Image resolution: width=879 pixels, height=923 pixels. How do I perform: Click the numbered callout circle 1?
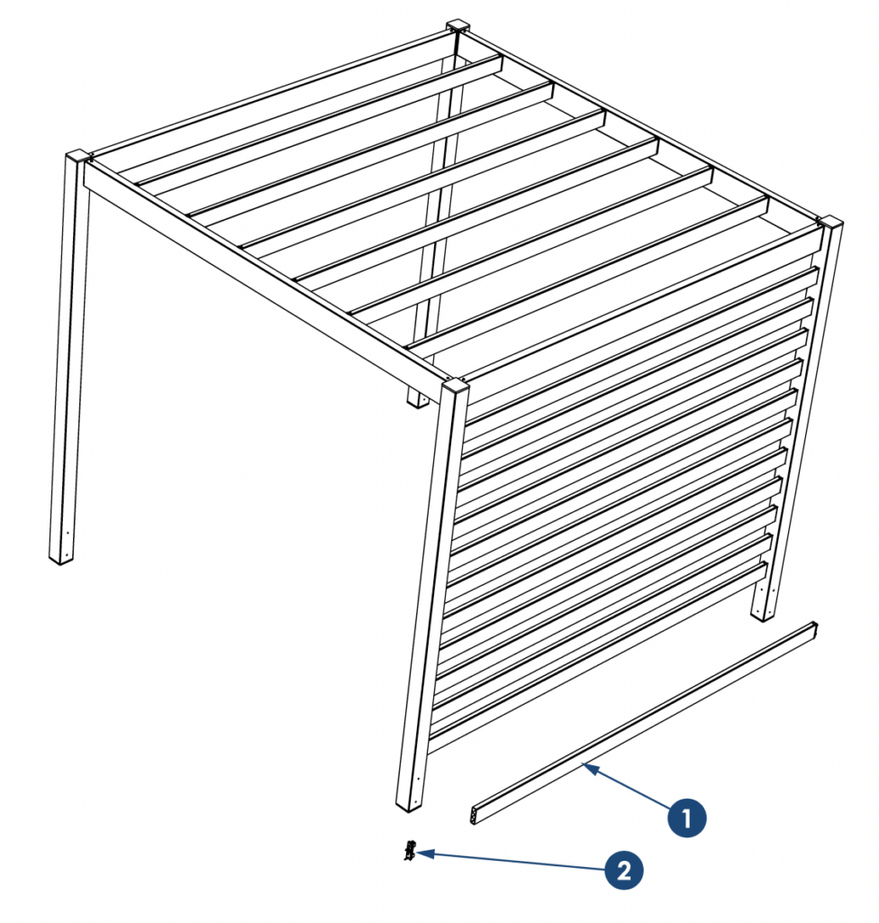click(x=686, y=818)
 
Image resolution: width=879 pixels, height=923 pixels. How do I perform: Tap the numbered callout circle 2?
click(x=623, y=870)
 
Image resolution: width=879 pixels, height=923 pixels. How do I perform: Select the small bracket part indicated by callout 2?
click(x=410, y=851)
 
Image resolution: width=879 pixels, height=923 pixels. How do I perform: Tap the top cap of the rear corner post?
click(x=458, y=26)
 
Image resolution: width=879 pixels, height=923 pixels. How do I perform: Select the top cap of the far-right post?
click(x=829, y=223)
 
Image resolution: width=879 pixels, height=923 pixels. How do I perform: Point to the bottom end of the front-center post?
click(x=410, y=807)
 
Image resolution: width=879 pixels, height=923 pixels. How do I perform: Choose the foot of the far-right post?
click(x=763, y=614)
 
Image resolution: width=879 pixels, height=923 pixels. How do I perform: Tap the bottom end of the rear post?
click(x=418, y=401)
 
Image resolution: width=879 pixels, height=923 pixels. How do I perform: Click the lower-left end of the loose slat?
click(x=475, y=816)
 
